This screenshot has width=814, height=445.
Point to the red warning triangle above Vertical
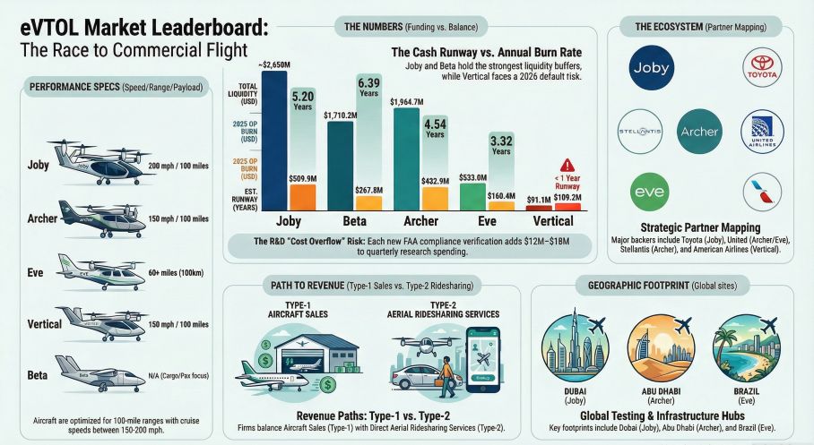click(566, 165)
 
